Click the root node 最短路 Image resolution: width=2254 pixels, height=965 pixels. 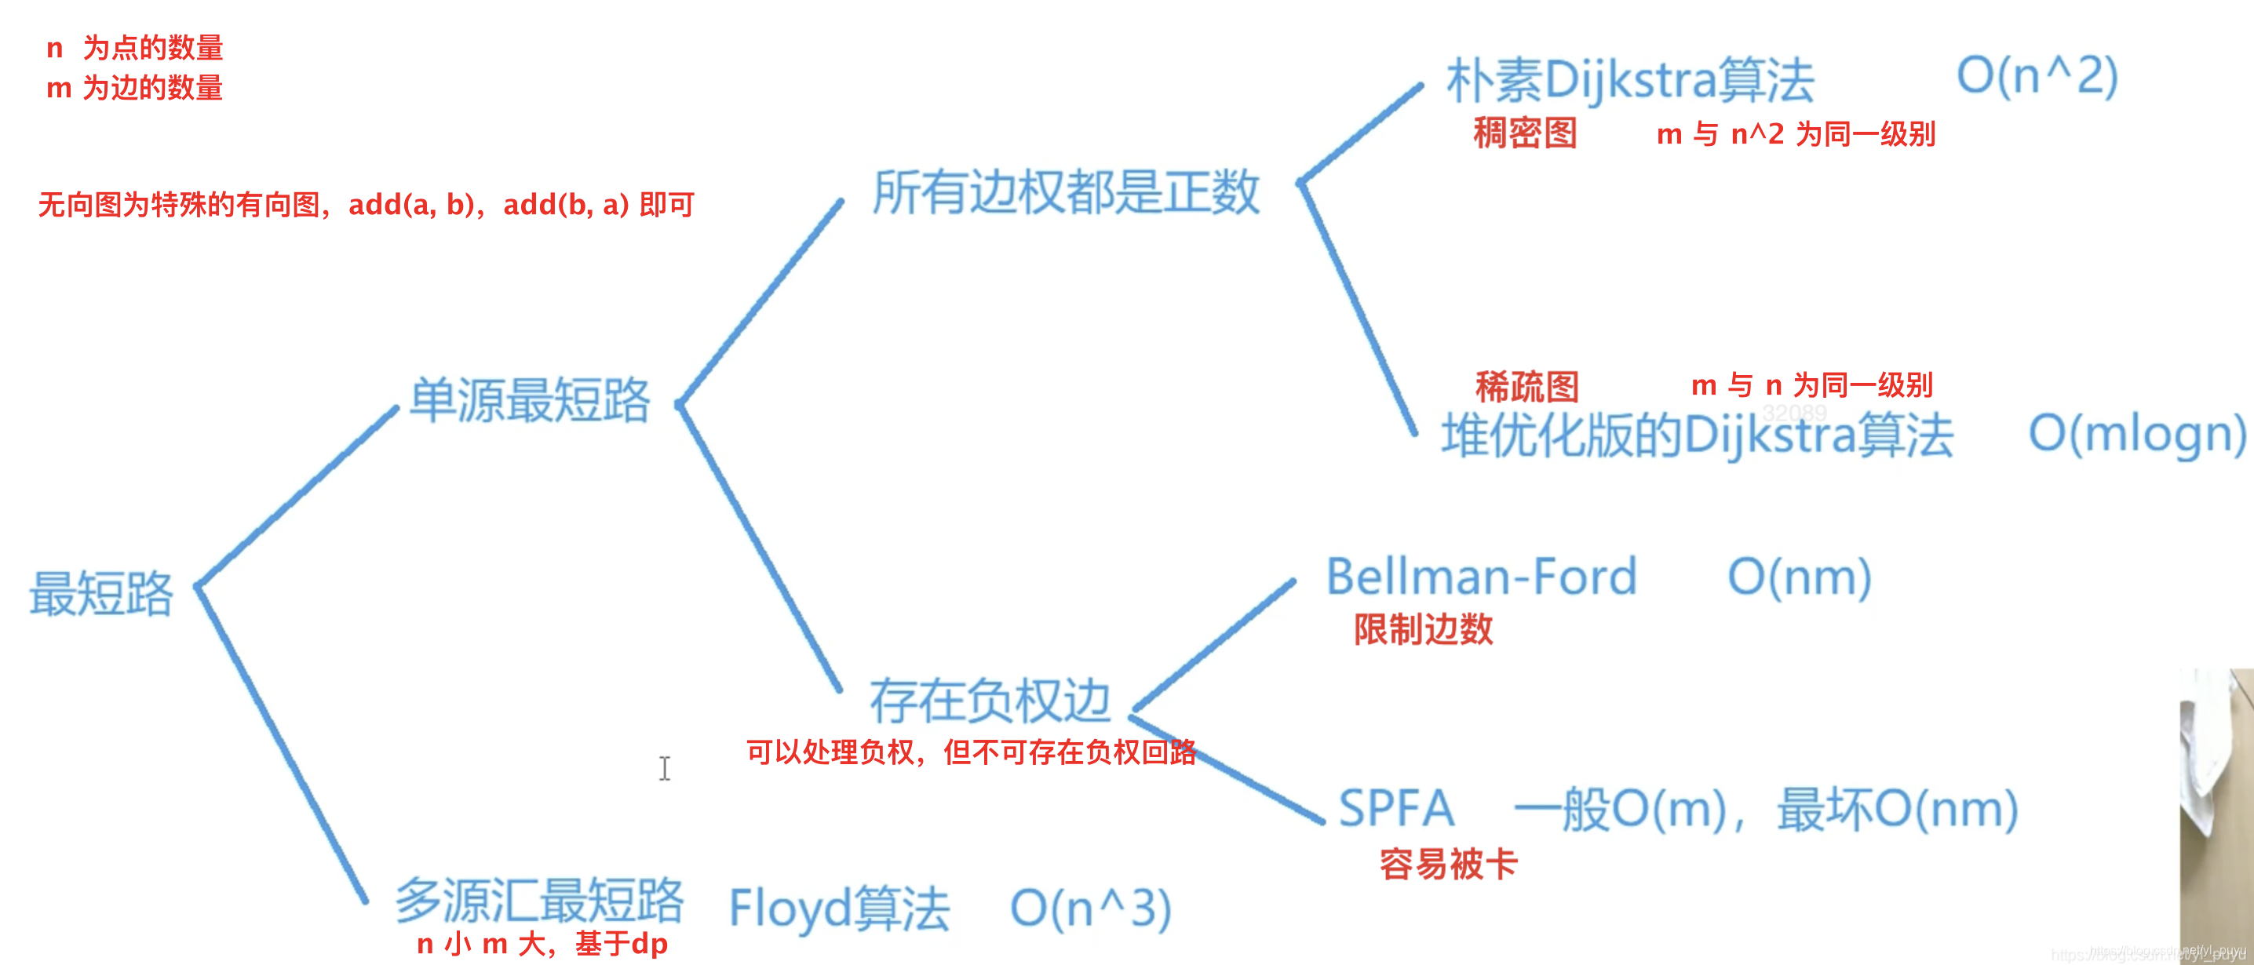pyautogui.click(x=101, y=594)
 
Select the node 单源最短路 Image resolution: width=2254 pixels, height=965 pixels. pyautogui.click(x=531, y=401)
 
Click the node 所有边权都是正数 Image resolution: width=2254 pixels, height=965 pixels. pyautogui.click(x=1066, y=192)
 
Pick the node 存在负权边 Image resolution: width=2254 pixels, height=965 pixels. pyautogui.click(x=990, y=701)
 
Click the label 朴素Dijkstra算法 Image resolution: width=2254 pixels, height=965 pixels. pyautogui.click(x=1630, y=81)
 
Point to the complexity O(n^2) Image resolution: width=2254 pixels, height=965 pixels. pyautogui.click(x=2037, y=76)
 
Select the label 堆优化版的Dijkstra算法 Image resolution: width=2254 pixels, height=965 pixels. pyautogui.click(x=1698, y=435)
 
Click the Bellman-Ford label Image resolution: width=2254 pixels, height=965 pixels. pyautogui.click(x=1480, y=577)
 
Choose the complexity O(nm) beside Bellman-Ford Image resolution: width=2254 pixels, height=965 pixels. pyautogui.click(x=1799, y=577)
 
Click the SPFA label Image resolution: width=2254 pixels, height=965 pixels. pyautogui.click(x=1396, y=808)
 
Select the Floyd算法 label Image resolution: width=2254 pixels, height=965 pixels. pyautogui.click(x=839, y=909)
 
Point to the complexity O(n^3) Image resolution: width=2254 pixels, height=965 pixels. pyautogui.click(x=1090, y=909)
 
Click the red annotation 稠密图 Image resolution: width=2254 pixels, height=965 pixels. pyautogui.click(x=1525, y=134)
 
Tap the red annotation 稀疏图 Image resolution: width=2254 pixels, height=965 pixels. pyautogui.click(x=1527, y=386)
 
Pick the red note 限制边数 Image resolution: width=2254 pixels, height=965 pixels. pyautogui.click(x=1424, y=629)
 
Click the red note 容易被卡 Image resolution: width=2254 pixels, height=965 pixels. pyautogui.click(x=1448, y=865)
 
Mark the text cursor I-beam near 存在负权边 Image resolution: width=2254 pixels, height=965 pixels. pyautogui.click(x=665, y=769)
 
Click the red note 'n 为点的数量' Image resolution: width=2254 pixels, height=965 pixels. pyautogui.click(x=135, y=48)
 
